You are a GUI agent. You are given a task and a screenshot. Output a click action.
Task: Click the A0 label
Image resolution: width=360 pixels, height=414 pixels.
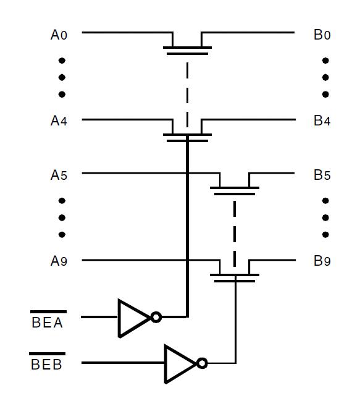(x=59, y=35)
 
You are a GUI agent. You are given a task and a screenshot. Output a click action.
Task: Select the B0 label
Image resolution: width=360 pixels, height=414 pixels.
(x=322, y=35)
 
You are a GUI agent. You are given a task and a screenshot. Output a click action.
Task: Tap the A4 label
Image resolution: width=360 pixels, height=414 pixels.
(x=59, y=120)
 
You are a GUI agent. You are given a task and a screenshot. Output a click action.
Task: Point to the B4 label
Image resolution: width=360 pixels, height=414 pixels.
(x=322, y=120)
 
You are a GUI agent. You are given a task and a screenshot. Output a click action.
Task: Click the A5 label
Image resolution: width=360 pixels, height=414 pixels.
(x=59, y=175)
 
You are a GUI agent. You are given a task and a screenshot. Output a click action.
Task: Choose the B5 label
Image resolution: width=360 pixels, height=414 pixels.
(x=322, y=175)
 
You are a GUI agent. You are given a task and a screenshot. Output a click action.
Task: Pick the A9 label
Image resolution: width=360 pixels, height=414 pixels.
(x=59, y=261)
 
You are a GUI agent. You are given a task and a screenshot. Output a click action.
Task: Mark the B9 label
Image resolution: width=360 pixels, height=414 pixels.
(x=322, y=261)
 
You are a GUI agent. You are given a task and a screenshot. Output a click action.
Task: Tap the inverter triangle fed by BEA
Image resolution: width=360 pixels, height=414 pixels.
(x=134, y=318)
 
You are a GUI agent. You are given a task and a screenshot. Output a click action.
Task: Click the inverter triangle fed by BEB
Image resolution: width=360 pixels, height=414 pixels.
(x=180, y=364)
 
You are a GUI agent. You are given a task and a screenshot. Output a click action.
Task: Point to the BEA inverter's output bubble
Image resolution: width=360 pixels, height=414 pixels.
(x=156, y=317)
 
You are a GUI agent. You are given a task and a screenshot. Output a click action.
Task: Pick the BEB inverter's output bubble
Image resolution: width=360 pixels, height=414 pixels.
(x=202, y=363)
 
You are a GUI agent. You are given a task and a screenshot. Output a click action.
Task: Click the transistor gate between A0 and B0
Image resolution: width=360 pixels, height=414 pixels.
(x=187, y=51)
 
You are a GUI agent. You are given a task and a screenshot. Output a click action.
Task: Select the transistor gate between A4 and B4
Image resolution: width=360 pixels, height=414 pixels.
(x=187, y=138)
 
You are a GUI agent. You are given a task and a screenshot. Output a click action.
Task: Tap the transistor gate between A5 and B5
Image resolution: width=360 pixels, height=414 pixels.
(x=235, y=191)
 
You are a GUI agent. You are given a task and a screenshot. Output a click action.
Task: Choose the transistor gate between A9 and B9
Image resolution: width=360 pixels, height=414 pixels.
(x=235, y=278)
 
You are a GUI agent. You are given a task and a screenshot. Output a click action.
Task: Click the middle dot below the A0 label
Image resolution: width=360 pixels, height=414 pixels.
(x=62, y=77)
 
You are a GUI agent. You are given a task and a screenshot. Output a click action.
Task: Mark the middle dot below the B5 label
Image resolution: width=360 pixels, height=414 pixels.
(x=325, y=218)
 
